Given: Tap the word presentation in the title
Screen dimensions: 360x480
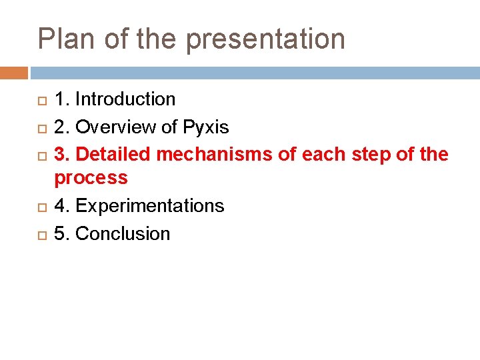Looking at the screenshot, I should click(x=265, y=40).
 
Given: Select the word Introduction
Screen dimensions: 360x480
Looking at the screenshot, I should click(x=125, y=99).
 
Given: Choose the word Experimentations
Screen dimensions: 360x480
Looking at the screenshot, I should click(x=150, y=206).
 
